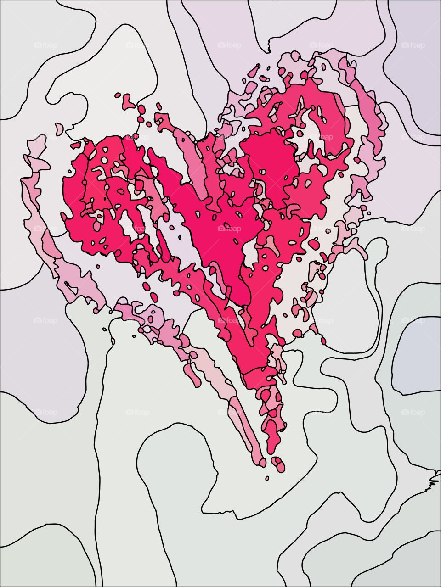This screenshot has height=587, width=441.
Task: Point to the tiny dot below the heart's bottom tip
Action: [x=267, y=478]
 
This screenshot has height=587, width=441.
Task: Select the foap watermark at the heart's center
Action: [x=229, y=228]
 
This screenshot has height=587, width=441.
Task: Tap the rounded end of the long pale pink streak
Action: [x=262, y=462]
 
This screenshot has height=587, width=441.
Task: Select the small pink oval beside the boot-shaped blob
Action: [x=118, y=95]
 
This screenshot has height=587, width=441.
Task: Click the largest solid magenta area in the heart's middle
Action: [x=216, y=229]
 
